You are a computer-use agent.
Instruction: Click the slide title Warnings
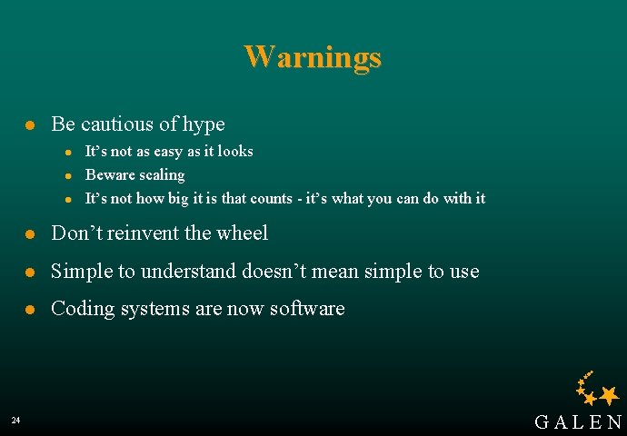pos(313,57)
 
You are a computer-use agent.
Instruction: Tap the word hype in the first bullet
pos(203,124)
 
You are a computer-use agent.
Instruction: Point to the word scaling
pos(161,175)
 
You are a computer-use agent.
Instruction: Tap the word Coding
pos(79,309)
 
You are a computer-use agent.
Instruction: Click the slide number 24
pos(15,420)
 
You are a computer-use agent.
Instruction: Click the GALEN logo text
pos(579,422)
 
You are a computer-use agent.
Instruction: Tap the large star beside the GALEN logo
pos(609,394)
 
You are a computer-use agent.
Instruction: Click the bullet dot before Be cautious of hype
pos(30,125)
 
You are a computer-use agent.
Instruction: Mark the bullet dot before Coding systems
pos(30,310)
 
